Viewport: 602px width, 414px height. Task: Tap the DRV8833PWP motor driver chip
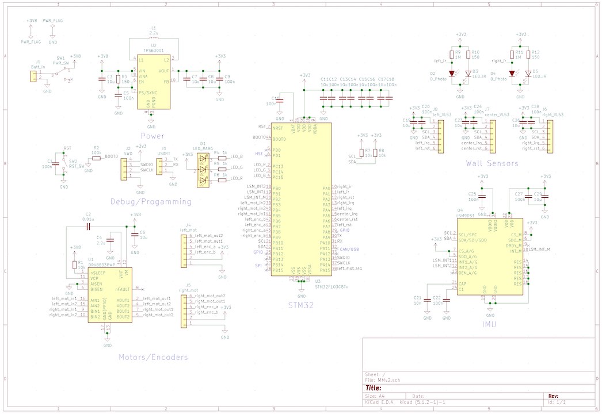109,294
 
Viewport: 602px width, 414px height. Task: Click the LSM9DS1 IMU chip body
490,258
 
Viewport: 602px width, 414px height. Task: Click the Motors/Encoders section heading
153,357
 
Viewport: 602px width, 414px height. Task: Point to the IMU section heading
490,324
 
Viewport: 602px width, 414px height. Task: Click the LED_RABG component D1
203,171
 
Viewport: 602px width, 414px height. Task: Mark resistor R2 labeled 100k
96,158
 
